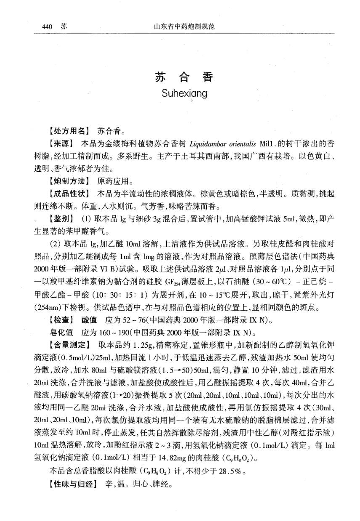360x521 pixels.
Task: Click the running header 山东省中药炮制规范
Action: (185, 27)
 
